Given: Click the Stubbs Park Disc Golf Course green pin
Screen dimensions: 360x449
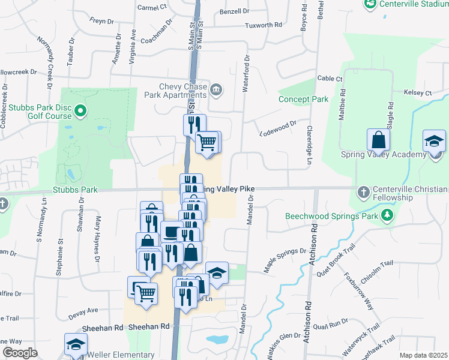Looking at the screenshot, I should [82, 111].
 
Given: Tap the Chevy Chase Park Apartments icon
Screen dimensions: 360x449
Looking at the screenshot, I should [216, 91].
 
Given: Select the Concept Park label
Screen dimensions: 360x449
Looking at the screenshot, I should [303, 99].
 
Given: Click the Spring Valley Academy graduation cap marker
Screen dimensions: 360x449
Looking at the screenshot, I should [434, 143].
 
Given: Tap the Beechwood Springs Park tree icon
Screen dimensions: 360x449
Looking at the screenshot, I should [388, 214].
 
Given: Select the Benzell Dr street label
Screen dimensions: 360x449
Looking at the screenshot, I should [234, 11].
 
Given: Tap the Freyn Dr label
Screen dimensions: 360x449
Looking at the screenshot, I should [101, 21].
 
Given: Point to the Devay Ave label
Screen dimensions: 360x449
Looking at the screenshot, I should [83, 311].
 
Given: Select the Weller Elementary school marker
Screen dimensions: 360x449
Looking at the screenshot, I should [75, 346].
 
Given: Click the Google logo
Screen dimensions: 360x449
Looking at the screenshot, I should [20, 353].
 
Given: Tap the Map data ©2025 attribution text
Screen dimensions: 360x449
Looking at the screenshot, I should [423, 355].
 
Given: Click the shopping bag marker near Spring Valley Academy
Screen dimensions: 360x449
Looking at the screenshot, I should [378, 142].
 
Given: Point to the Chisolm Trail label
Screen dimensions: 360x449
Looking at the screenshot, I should [376, 263].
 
